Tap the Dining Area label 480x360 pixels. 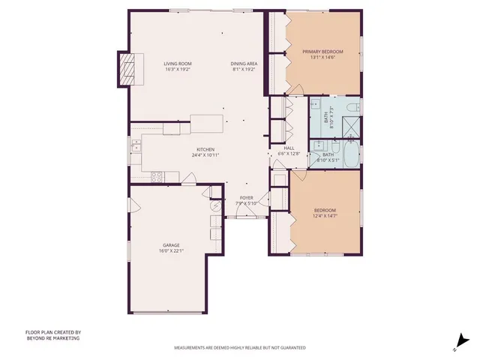coord(244,64)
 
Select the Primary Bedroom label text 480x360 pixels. coord(322,52)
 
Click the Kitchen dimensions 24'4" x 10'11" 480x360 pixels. coord(205,155)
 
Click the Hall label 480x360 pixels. coord(289,148)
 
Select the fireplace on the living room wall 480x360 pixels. coord(130,70)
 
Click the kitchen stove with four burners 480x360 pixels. coord(157,177)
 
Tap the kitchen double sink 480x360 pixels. coord(136,145)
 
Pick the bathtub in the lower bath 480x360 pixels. coord(348,152)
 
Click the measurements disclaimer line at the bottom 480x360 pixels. coord(240,349)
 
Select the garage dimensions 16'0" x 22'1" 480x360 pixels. coord(171,251)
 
